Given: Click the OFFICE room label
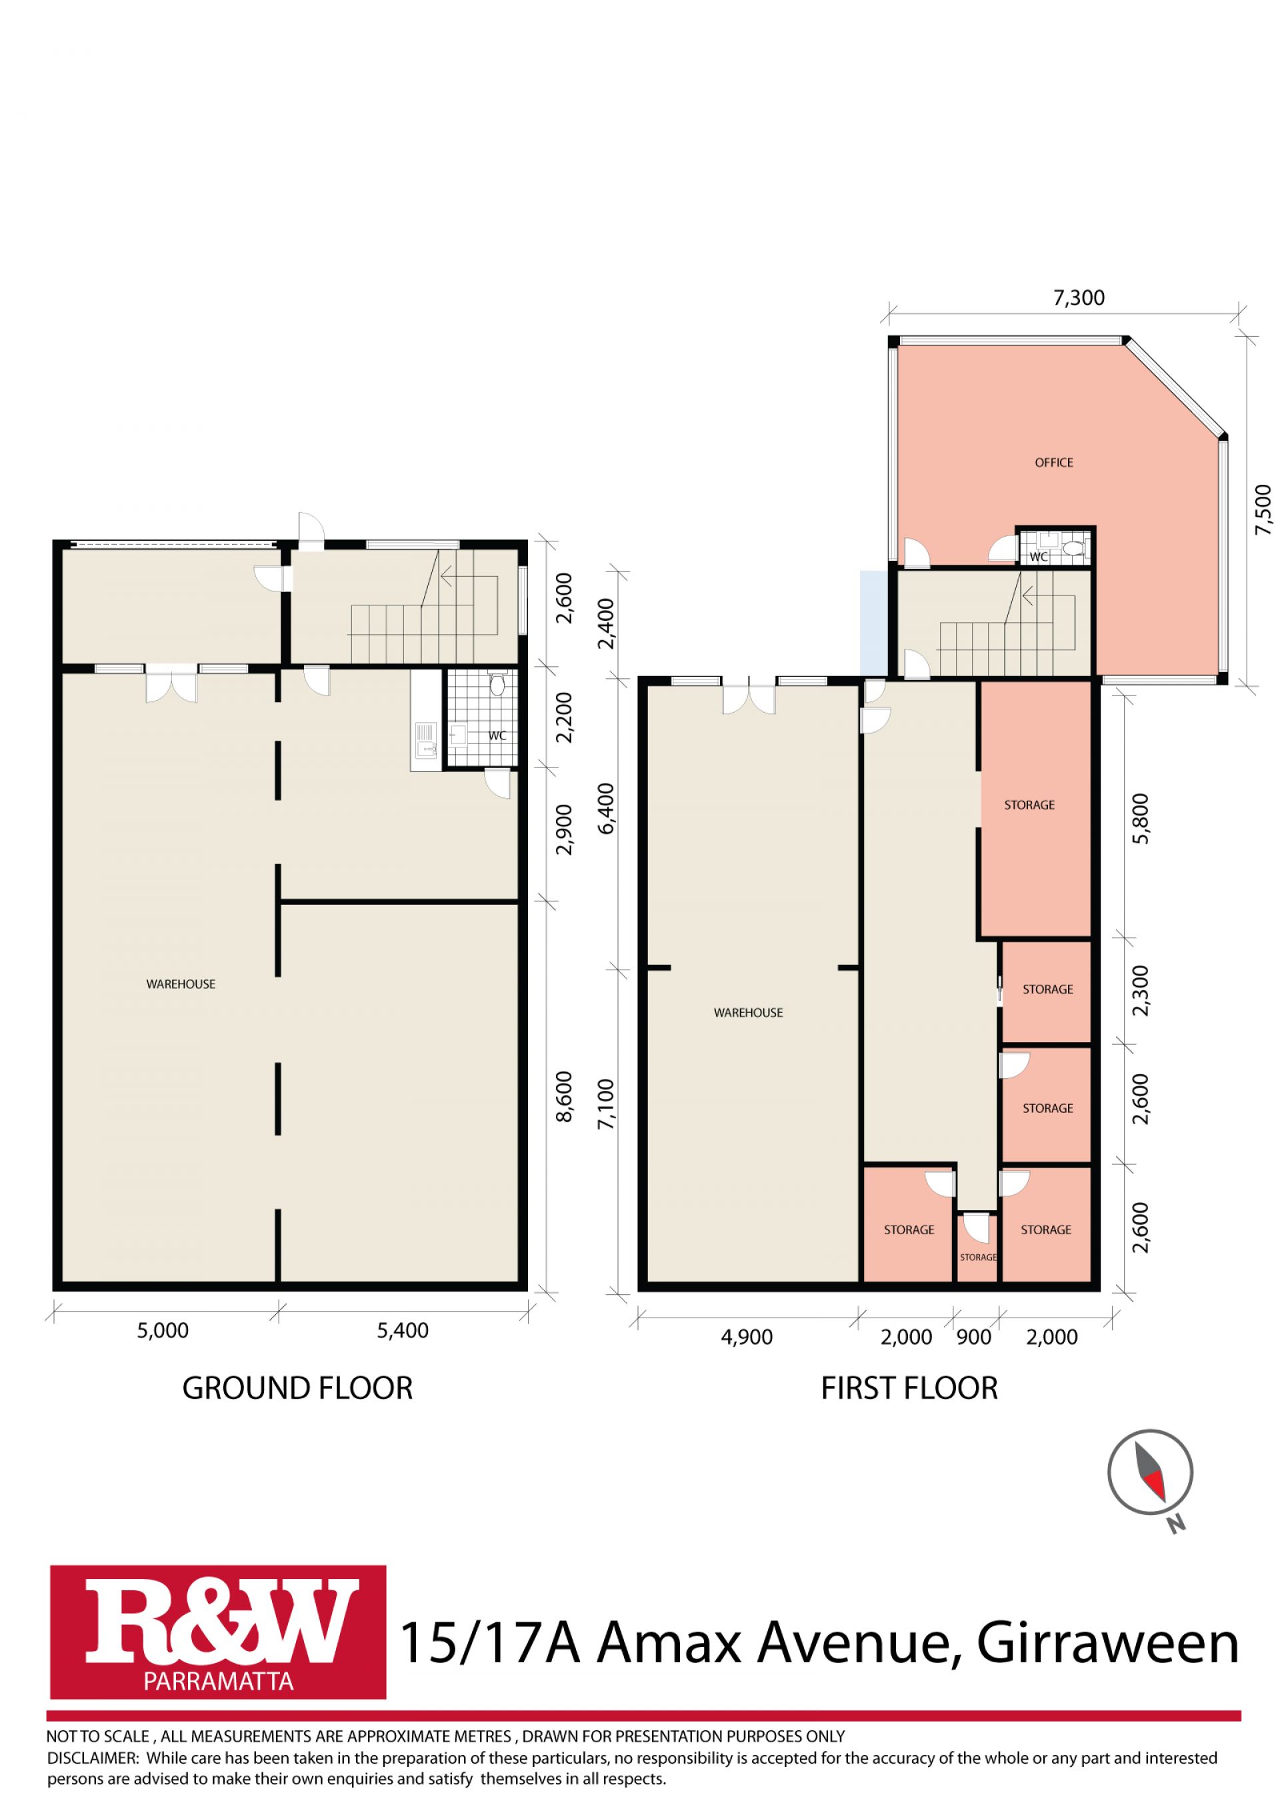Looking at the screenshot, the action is click(1053, 462).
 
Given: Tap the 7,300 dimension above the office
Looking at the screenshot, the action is click(1079, 298).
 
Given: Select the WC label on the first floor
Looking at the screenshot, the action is click(1039, 557).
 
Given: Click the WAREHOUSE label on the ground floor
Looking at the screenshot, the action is click(181, 984).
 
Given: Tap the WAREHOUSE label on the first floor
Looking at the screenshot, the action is click(749, 1013).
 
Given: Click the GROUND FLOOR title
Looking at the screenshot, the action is click(297, 1388).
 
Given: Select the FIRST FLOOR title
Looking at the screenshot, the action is click(909, 1388).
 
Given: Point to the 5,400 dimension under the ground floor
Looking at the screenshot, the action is click(403, 1331).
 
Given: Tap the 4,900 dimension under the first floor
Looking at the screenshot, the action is click(747, 1337).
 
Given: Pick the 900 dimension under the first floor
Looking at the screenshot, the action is click(974, 1337).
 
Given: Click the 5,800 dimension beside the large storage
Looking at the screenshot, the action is click(1141, 818).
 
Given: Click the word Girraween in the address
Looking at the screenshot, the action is click(1108, 1643).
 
